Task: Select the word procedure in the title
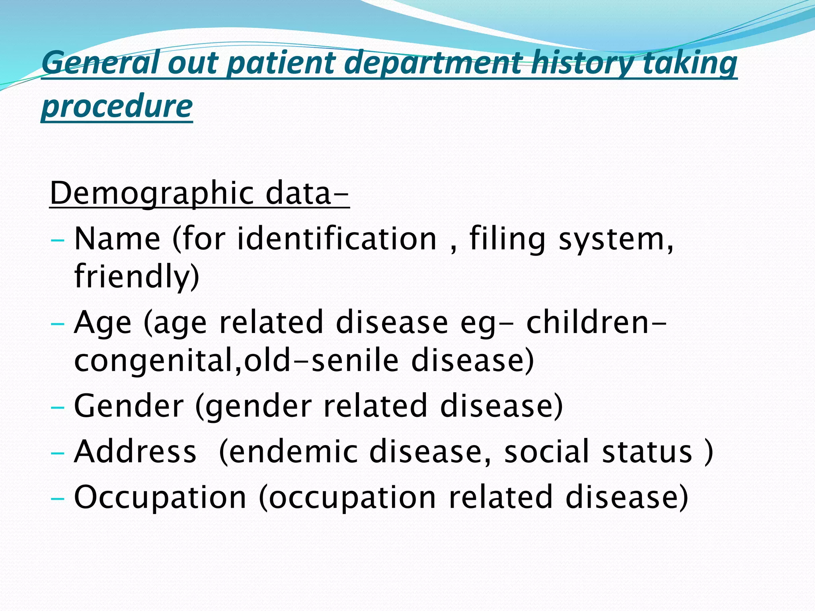(x=117, y=107)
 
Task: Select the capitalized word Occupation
(x=160, y=497)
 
